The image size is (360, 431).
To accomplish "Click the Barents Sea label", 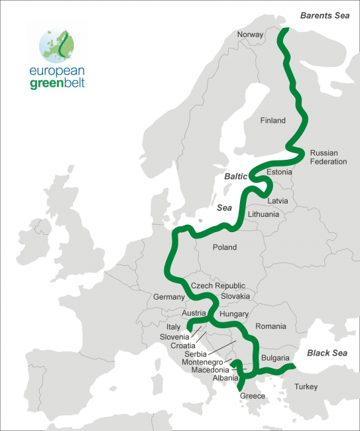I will tap(324, 15).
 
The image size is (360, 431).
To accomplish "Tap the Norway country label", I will tap(250, 34).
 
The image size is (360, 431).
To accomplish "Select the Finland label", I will tap(273, 121).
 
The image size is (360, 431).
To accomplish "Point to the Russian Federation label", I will tap(328, 157).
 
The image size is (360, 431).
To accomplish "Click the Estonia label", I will tap(278, 172).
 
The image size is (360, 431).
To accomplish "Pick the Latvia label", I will tap(278, 200).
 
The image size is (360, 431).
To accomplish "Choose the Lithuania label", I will tap(263, 215).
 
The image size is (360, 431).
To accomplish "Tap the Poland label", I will tap(225, 247).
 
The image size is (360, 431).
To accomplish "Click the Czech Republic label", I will tap(217, 285).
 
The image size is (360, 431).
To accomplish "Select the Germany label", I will tap(168, 297).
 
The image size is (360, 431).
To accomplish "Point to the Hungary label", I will tap(233, 314).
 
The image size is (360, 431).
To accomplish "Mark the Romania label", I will tap(270, 326).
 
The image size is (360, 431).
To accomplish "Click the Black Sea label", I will tap(327, 353).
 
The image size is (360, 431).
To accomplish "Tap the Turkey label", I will tap(306, 387).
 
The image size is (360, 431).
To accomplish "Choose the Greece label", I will tap(253, 396).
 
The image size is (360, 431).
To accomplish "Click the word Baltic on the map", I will tap(235, 177).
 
